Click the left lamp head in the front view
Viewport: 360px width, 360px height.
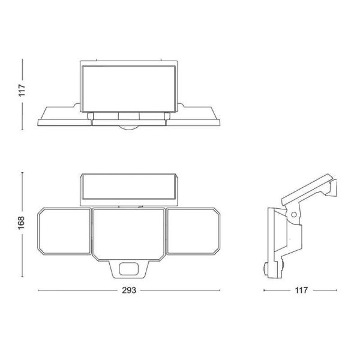click(65, 232)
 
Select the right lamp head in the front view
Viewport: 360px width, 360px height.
click(193, 232)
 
